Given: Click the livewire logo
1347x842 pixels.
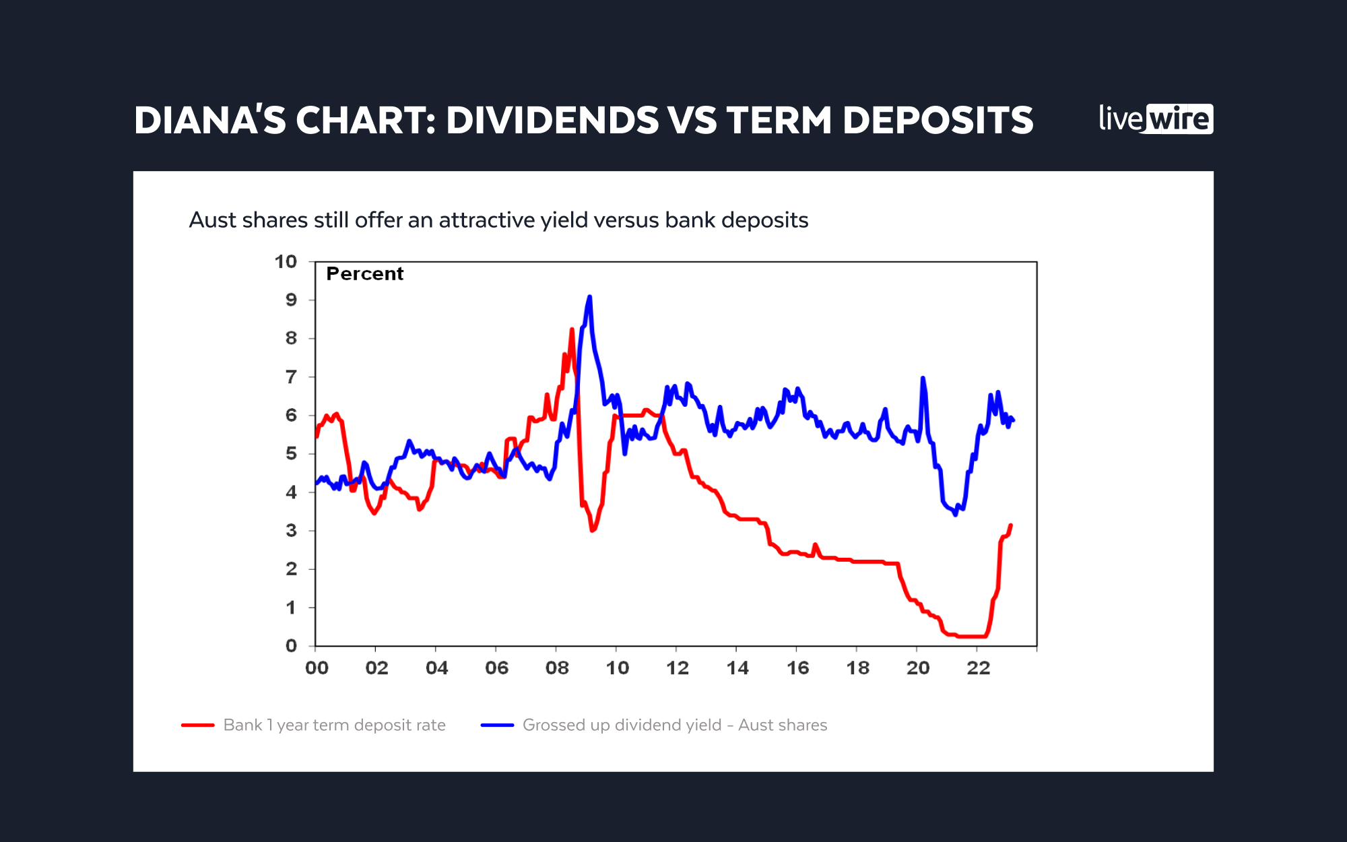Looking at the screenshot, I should coord(1156,119).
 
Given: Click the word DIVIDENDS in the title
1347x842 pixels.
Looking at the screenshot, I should coord(552,121).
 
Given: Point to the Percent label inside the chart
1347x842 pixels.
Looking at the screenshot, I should coord(364,273).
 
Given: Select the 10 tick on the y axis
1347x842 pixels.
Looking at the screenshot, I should coord(286,261).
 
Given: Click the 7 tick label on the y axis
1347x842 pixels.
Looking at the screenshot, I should coord(291,377).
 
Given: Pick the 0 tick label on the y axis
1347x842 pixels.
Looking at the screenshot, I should coord(291,645).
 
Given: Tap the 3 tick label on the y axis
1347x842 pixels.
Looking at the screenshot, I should coord(291,530).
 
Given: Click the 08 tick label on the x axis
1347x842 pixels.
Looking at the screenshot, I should coord(557,668).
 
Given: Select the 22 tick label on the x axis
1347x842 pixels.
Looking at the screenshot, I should coord(978,668).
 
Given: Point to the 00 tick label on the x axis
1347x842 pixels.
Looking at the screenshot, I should coord(317,668).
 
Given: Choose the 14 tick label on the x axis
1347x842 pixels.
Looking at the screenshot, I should coord(737,668).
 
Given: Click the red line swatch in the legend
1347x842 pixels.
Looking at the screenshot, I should coord(198,725).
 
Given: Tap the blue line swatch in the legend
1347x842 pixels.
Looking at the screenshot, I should coord(497,725).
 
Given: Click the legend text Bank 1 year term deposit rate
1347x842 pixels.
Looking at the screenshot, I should coord(334,725).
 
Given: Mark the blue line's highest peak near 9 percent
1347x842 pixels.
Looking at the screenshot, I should coord(589,297).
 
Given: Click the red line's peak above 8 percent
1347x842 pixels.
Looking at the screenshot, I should coord(572,330).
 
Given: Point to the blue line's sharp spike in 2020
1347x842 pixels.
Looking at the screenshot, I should coord(923,379).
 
